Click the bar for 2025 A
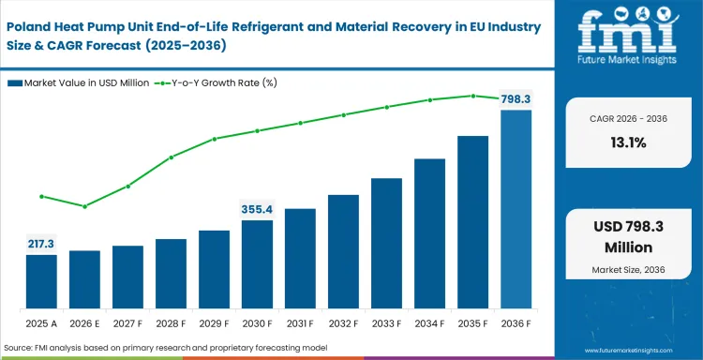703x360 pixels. pyautogui.click(x=41, y=281)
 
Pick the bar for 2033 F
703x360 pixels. pyautogui.click(x=387, y=243)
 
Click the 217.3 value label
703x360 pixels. pyautogui.click(x=41, y=243)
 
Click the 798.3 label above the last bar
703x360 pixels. pyautogui.click(x=516, y=97)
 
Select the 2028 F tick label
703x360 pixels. pyautogui.click(x=171, y=323)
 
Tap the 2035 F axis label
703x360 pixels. pyautogui.click(x=473, y=323)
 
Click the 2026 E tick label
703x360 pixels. pyautogui.click(x=84, y=323)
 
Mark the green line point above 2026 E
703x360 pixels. pyautogui.click(x=84, y=206)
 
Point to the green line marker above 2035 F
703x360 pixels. pyautogui.click(x=473, y=96)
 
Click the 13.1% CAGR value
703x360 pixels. pyautogui.click(x=630, y=142)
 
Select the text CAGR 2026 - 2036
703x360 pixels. pyautogui.click(x=630, y=119)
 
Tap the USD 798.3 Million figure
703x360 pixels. pyautogui.click(x=630, y=238)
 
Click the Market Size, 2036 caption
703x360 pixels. pyautogui.click(x=630, y=270)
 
